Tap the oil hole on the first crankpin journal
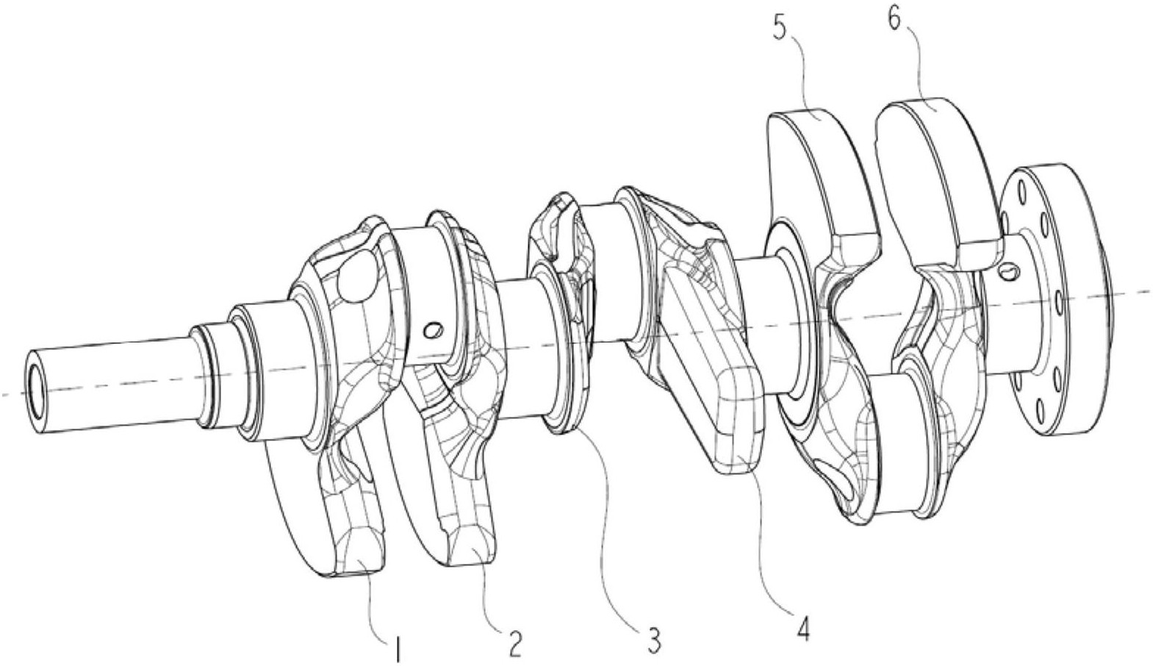[x=431, y=331]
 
